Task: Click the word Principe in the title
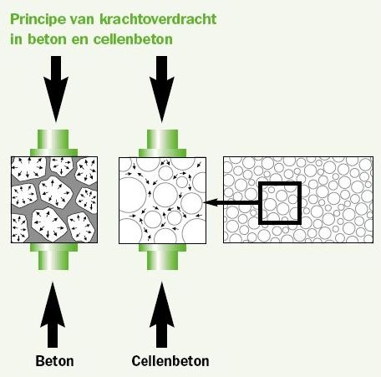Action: coord(38,19)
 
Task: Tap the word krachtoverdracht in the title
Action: coord(158,19)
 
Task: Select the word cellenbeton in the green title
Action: coord(133,38)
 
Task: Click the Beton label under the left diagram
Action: coord(54,361)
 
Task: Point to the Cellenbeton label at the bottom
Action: coord(170,361)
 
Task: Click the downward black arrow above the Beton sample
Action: coord(56,89)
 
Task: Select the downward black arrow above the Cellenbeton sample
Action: coord(162,89)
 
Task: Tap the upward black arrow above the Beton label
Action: coord(53,315)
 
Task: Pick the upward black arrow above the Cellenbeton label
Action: coord(162,315)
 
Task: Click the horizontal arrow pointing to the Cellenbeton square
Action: coord(231,202)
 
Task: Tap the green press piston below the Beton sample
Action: coord(53,257)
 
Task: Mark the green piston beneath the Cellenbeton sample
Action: coord(162,257)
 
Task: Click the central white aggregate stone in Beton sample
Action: coord(55,192)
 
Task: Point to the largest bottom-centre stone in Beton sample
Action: coord(49,224)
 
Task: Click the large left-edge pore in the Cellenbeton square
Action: coord(132,195)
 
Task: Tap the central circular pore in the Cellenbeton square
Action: coord(165,195)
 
